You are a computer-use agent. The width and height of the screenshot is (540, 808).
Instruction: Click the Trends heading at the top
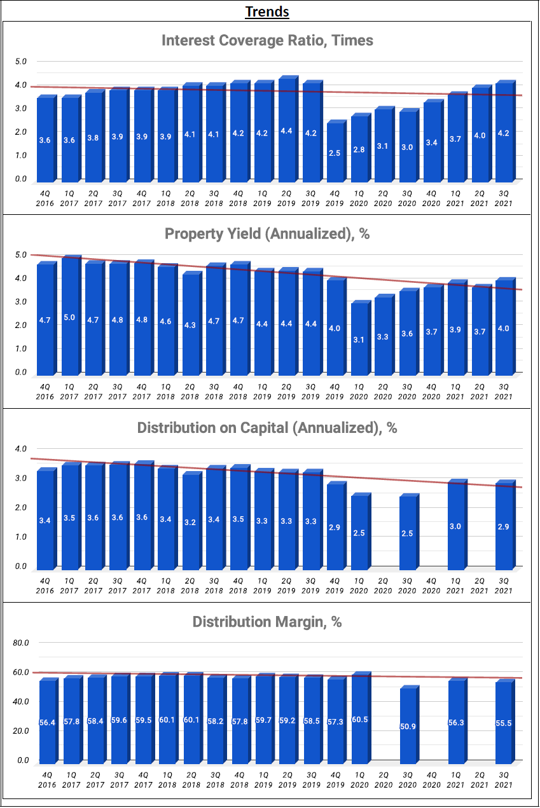pos(267,11)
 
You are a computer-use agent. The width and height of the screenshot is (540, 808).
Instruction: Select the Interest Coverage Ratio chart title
pos(267,41)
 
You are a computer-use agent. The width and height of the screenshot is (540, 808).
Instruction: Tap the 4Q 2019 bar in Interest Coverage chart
pos(335,152)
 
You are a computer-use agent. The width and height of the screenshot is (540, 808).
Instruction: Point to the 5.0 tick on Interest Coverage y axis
pos(22,62)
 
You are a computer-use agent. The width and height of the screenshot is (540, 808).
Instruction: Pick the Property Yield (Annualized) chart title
pos(267,234)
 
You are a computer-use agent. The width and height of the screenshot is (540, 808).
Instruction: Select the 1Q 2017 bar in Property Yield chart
pos(69,315)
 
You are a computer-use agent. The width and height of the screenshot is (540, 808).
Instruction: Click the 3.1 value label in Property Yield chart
pos(359,339)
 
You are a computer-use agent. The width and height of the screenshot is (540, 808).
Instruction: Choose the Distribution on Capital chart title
pos(267,428)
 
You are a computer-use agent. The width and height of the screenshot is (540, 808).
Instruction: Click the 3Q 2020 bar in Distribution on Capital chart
pos(407,533)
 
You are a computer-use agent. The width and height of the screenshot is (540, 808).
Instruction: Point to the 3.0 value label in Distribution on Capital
pos(455,526)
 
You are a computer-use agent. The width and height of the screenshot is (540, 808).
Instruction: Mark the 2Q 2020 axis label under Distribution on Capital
pos(383,586)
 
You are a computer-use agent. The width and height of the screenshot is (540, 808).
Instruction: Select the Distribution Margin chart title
pos(267,622)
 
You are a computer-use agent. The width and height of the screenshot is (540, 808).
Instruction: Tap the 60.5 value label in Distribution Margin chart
pos(360,722)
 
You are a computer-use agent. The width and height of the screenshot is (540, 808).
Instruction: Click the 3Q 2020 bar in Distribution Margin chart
pos(408,725)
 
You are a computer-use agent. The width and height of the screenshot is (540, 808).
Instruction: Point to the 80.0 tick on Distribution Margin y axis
pos(22,643)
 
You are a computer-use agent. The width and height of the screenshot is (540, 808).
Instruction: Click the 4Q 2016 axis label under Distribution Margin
pos(46,780)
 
